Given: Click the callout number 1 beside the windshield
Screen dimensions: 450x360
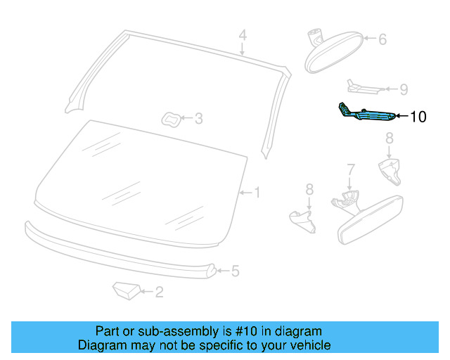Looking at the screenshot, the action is tap(257, 192).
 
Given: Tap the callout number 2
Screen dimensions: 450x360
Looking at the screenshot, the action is tap(160, 292).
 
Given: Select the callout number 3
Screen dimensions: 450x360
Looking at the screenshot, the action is tap(199, 120).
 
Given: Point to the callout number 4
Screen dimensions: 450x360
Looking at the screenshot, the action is tap(242, 35).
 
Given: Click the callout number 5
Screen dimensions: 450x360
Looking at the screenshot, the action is tap(236, 270).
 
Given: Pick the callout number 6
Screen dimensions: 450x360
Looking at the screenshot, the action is tap(382, 40).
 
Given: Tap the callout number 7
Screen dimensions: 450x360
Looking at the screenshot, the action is tap(351, 170).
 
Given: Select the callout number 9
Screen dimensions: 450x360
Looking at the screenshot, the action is tap(403, 90).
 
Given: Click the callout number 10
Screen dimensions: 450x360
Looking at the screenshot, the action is tap(418, 117).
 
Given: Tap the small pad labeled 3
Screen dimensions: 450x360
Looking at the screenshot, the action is tap(172, 119).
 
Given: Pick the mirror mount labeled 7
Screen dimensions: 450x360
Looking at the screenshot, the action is tap(344, 201).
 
